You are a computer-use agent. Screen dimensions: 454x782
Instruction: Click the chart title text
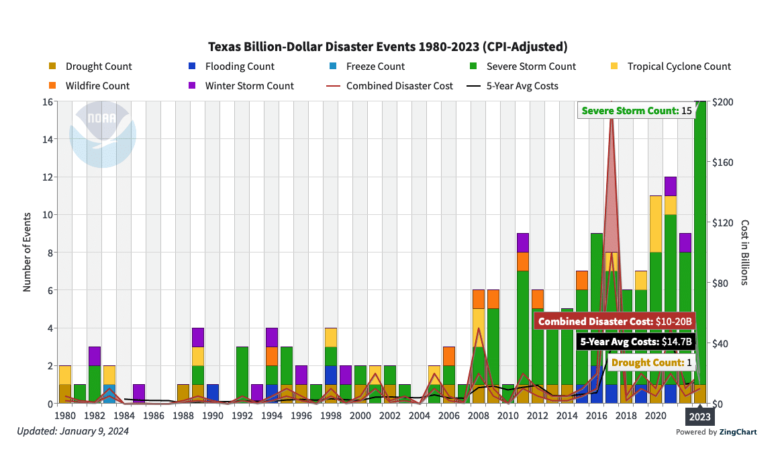pos(388,47)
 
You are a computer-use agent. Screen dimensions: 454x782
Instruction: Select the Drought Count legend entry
pos(98,66)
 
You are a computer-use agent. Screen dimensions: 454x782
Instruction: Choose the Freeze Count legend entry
pos(375,66)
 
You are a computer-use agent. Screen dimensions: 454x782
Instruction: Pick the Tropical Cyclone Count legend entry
pos(679,66)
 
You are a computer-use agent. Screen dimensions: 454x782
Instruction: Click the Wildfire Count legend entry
pos(97,86)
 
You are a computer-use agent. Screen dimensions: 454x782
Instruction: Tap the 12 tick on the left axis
pos(47,177)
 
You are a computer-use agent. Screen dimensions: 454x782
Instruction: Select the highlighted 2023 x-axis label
pos(699,417)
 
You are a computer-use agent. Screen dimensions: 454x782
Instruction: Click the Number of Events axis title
pos(28,252)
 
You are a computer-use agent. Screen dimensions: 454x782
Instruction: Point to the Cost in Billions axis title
pos(744,252)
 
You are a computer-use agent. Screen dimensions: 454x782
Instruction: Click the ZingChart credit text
pos(716,432)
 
